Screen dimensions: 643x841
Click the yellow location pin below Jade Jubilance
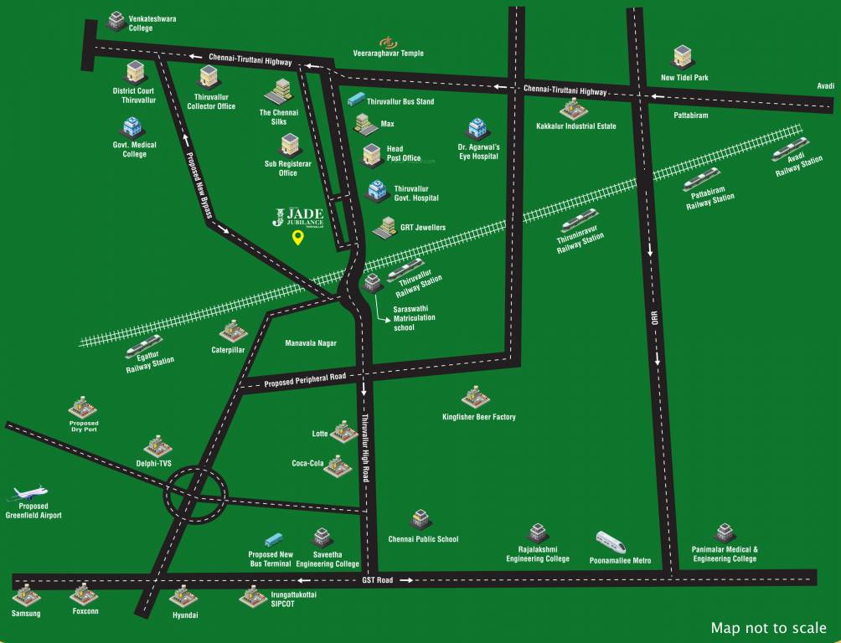pyautogui.click(x=297, y=238)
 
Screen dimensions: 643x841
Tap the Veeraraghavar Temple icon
pyautogui.click(x=387, y=41)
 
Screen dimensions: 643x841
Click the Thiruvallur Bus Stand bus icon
pyautogui.click(x=355, y=100)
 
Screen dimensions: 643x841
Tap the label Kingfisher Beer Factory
pyautogui.click(x=479, y=417)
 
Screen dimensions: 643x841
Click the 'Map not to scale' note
pyautogui.click(x=768, y=627)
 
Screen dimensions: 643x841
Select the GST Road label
pyautogui.click(x=377, y=579)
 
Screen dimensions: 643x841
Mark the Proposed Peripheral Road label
pyautogui.click(x=305, y=380)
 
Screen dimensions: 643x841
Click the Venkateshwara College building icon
pyautogui.click(x=116, y=18)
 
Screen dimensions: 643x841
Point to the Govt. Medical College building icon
pyautogui.click(x=132, y=127)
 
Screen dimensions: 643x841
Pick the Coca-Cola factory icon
pyautogui.click(x=338, y=465)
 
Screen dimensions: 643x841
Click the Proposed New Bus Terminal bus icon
pyautogui.click(x=274, y=541)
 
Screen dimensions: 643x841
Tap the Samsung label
pyautogui.click(x=26, y=614)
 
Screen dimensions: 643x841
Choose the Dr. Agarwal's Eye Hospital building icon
pyautogui.click(x=477, y=129)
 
